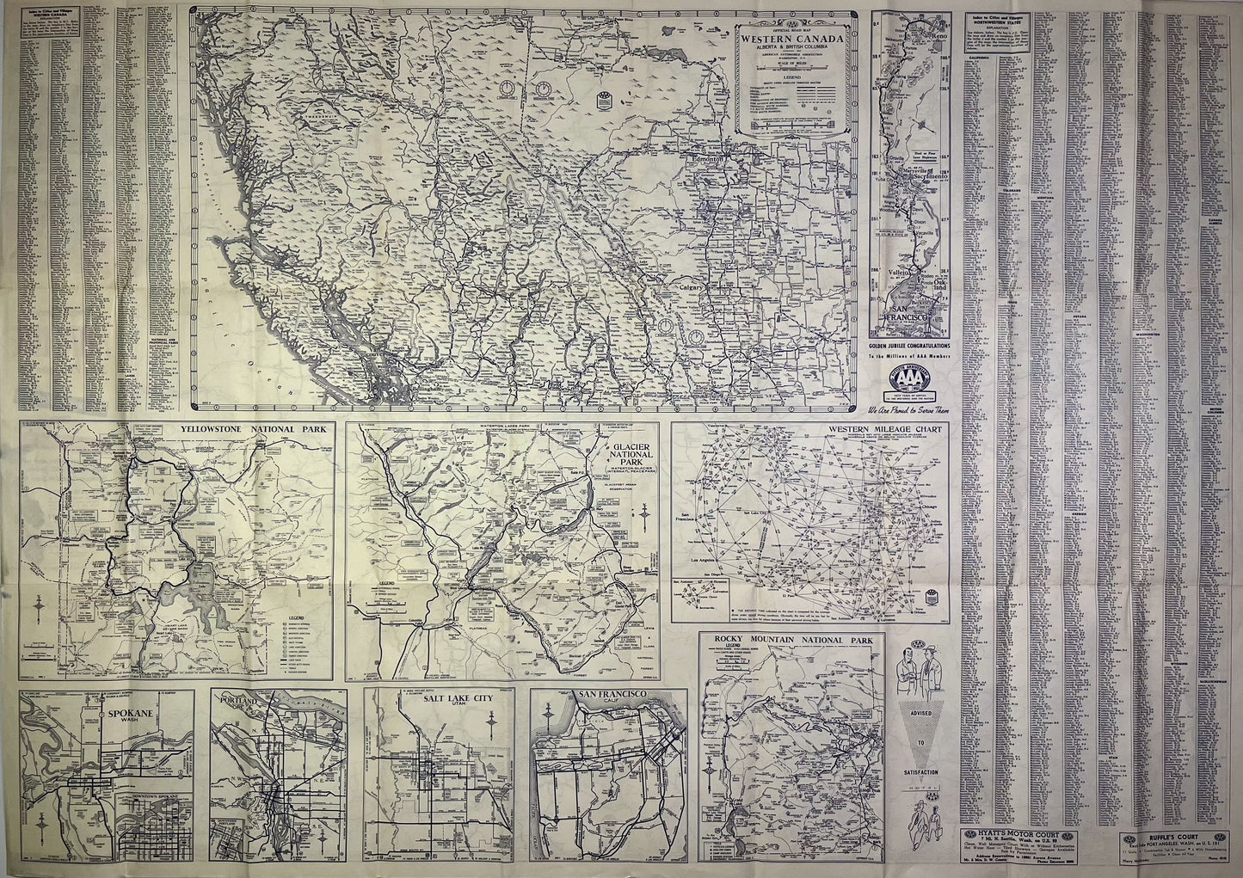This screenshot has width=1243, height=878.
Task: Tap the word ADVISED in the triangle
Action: (x=920, y=710)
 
